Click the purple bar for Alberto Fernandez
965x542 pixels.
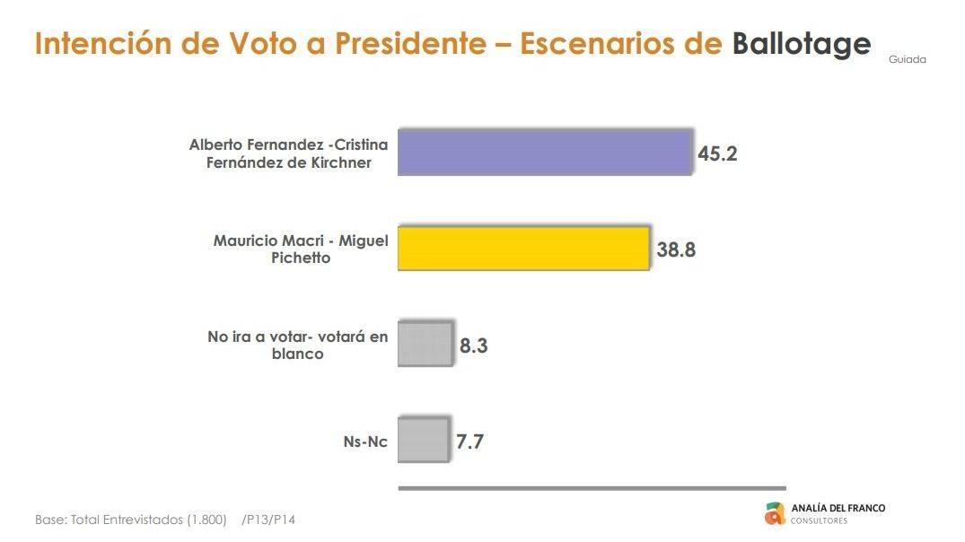[x=544, y=153]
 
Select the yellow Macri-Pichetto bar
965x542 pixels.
[x=522, y=249]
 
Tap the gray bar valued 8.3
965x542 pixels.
[x=425, y=345]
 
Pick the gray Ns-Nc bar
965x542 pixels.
[x=423, y=441]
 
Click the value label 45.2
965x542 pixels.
[x=717, y=153]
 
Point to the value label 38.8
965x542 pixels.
[x=676, y=249]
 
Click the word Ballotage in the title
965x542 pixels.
[x=801, y=44]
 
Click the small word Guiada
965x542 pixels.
[x=907, y=60]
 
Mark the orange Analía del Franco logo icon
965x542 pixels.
[x=775, y=513]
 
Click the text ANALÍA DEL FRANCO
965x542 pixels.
[x=838, y=508]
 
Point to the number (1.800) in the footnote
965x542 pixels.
[x=206, y=520]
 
